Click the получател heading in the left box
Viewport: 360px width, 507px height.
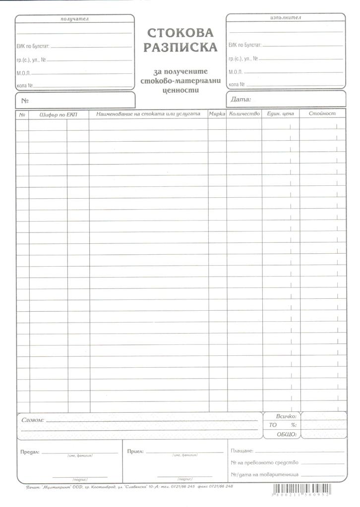(74, 19)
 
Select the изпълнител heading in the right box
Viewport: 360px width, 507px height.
(286, 17)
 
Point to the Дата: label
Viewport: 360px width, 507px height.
(241, 100)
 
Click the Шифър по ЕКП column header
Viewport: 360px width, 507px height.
(58, 114)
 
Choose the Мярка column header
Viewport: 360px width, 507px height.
(217, 114)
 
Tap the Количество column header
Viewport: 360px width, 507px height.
(244, 114)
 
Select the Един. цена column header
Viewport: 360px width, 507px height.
(280, 114)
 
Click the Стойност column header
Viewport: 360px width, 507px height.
(322, 114)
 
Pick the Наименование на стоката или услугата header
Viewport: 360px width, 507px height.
(148, 114)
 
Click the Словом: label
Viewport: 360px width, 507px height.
(33, 420)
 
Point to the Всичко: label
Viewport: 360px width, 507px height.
(286, 417)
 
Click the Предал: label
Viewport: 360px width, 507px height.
(30, 452)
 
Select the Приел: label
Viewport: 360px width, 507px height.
(135, 451)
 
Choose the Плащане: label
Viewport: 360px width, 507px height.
(242, 451)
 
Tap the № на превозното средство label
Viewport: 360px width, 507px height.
(264, 463)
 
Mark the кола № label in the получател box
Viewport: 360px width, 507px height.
(24, 85)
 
